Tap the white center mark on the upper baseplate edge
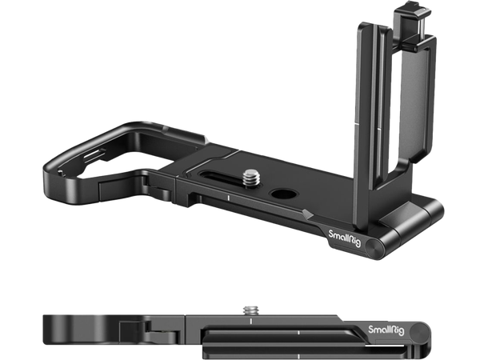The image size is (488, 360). coord(227,196)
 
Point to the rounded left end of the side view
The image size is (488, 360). coord(50,332)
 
